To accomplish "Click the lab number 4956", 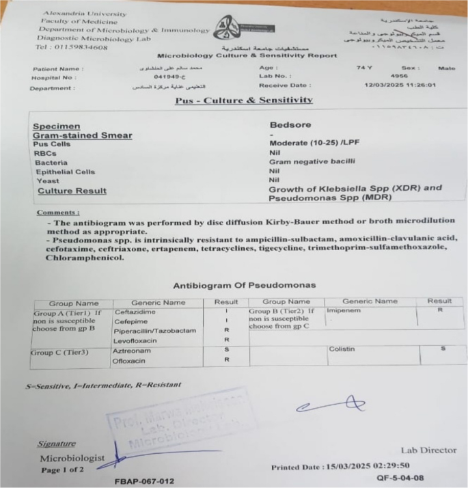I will (398, 77).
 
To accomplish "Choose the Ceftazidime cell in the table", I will (135, 312).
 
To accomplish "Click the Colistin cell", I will (342, 350).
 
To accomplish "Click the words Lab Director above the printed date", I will (428, 450).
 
